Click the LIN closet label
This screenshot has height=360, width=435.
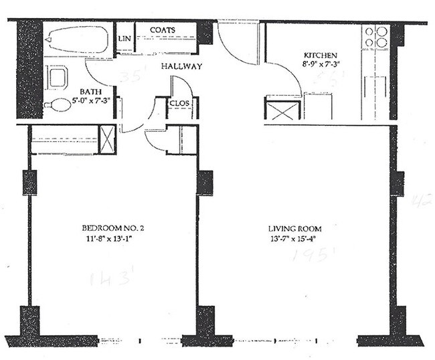tap(124, 39)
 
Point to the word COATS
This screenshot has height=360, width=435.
tap(163, 31)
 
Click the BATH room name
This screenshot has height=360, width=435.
tap(90, 92)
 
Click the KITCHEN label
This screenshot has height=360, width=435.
tap(320, 56)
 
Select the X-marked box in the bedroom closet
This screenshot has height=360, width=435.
tap(107, 139)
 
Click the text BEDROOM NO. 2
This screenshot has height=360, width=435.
tap(112, 228)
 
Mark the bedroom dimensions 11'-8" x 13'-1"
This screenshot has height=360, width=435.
tap(112, 238)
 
